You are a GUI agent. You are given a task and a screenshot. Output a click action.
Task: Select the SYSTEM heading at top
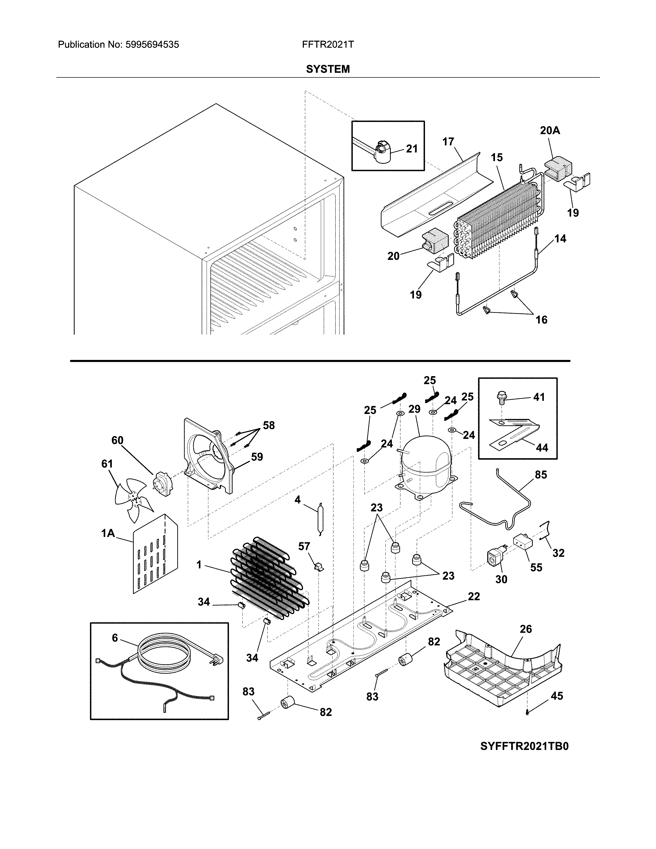click(327, 69)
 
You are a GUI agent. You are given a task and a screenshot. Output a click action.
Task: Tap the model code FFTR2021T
click(327, 45)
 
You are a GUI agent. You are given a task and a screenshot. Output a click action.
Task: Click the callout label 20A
click(550, 131)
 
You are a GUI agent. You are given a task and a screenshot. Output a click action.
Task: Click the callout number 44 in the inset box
click(542, 448)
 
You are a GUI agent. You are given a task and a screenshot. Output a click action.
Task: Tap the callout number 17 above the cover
click(448, 142)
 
